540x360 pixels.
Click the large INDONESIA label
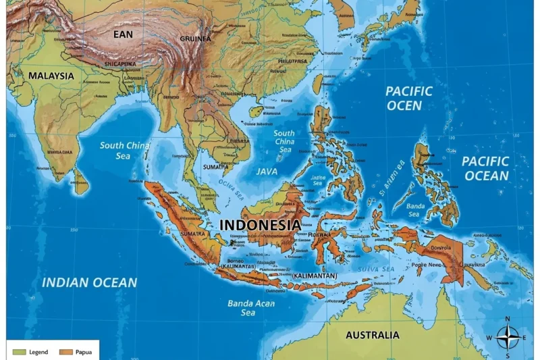pos(261,224)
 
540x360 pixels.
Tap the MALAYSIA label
pos(51,76)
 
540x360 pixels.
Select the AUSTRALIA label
pos(372,335)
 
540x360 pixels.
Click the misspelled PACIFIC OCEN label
pos(408,98)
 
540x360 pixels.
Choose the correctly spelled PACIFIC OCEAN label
pos(485,168)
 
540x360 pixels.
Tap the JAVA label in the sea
pos(267,172)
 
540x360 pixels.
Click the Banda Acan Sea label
pos(250,308)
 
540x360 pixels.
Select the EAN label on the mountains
pos(123,34)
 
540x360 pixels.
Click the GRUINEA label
pos(195,39)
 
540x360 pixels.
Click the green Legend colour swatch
pos(19,352)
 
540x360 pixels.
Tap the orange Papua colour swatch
pos(65,352)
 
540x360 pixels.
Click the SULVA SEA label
pos(376,269)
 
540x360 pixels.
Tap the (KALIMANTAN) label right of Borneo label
pos(314,276)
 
